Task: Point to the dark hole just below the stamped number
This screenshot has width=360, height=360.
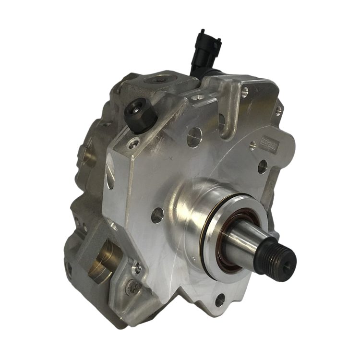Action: tap(262, 167)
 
